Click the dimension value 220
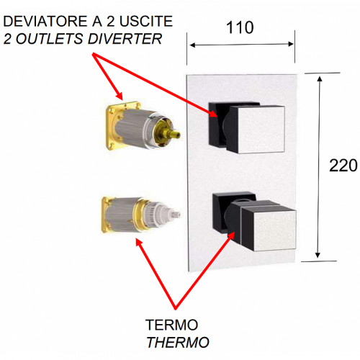(343, 166)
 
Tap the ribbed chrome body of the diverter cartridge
(137, 128)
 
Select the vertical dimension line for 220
(318, 166)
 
